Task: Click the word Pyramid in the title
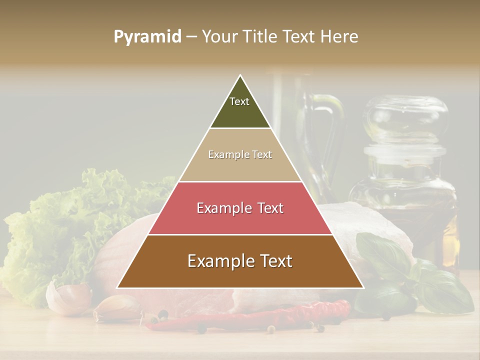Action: tap(147, 37)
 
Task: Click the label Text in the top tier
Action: tap(239, 101)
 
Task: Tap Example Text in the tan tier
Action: tap(240, 154)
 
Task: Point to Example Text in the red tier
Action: tap(240, 208)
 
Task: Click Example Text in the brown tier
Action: tap(240, 261)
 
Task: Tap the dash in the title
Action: tap(191, 37)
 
